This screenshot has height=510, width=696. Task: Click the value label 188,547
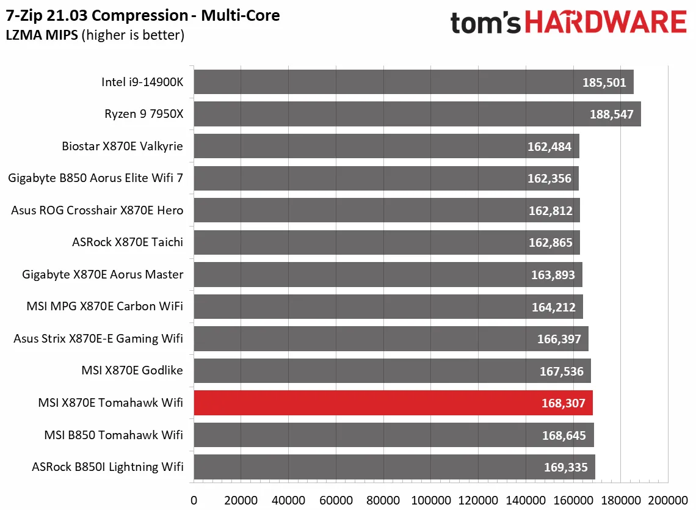click(x=612, y=114)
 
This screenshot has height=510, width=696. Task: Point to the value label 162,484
click(x=549, y=147)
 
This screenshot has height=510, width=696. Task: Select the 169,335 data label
click(x=565, y=468)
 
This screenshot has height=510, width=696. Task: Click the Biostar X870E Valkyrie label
click(x=122, y=147)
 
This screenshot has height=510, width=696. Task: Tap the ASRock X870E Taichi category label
click(x=127, y=242)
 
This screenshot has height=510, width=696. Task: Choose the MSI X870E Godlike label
click(x=132, y=371)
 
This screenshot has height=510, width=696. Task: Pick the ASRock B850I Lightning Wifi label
click(x=107, y=468)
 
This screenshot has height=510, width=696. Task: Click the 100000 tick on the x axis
click(x=431, y=500)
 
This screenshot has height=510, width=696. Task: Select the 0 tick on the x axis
click(x=194, y=500)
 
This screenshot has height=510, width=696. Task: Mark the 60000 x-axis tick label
click(x=336, y=500)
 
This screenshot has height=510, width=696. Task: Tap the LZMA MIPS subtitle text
click(x=42, y=35)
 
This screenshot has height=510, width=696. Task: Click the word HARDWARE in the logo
click(x=605, y=23)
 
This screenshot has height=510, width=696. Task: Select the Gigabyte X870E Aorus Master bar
click(x=388, y=275)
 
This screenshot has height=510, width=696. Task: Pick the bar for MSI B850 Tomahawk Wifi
click(x=394, y=435)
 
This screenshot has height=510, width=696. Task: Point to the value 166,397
click(x=559, y=339)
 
